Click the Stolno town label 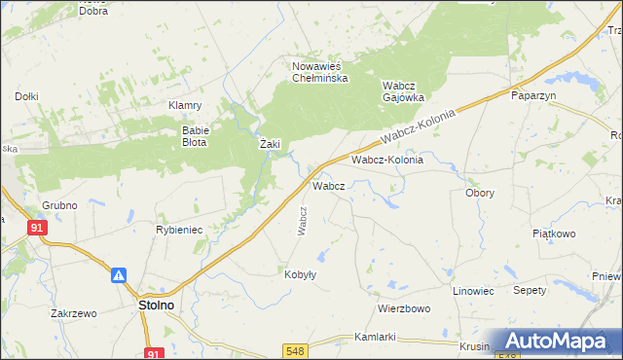pyautogui.click(x=152, y=305)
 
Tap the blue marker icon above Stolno pyautogui.click(x=119, y=276)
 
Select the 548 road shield pyautogui.click(x=297, y=349)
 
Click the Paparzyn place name pyautogui.click(x=532, y=95)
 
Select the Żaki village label pyautogui.click(x=270, y=144)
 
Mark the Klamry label pyautogui.click(x=184, y=105)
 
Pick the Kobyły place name pyautogui.click(x=300, y=274)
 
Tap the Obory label pyautogui.click(x=479, y=193)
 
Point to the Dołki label pyautogui.click(x=26, y=95)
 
